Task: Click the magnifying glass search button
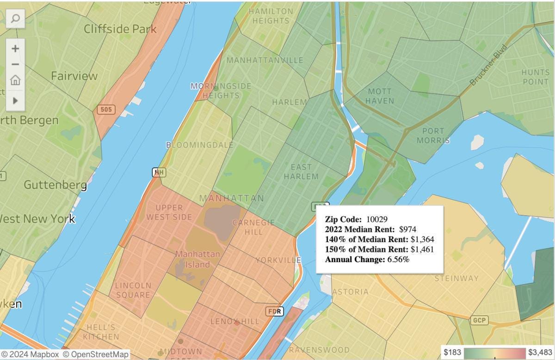pos(15,18)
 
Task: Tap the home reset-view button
pos(15,80)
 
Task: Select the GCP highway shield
pos(478,320)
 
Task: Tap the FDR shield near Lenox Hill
pos(274,311)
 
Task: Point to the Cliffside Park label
pos(120,29)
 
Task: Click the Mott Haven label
pos(380,96)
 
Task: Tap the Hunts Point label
pos(535,77)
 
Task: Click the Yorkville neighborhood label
pos(278,260)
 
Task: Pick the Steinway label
pos(456,278)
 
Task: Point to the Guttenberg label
pos(55,185)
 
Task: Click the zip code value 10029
pos(376,219)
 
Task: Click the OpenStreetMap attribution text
pos(95,354)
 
